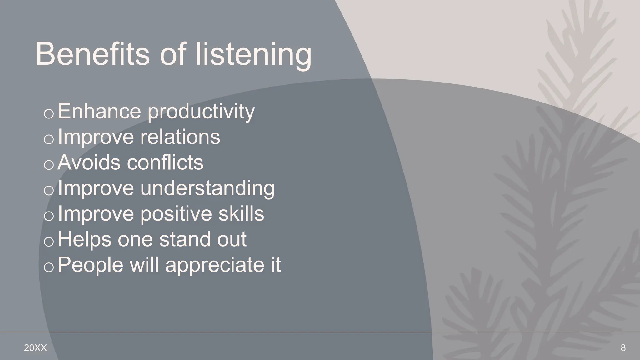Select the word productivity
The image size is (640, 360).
pos(201,112)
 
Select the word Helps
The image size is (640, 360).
pos(84,239)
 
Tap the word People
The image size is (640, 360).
pos(91,265)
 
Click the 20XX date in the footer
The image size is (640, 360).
pos(35,348)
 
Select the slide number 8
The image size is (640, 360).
pos(623,348)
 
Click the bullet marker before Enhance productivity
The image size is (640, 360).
pos(49,114)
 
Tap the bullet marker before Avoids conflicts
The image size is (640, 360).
pos(49,165)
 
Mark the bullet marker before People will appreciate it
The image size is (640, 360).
pos(49,267)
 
